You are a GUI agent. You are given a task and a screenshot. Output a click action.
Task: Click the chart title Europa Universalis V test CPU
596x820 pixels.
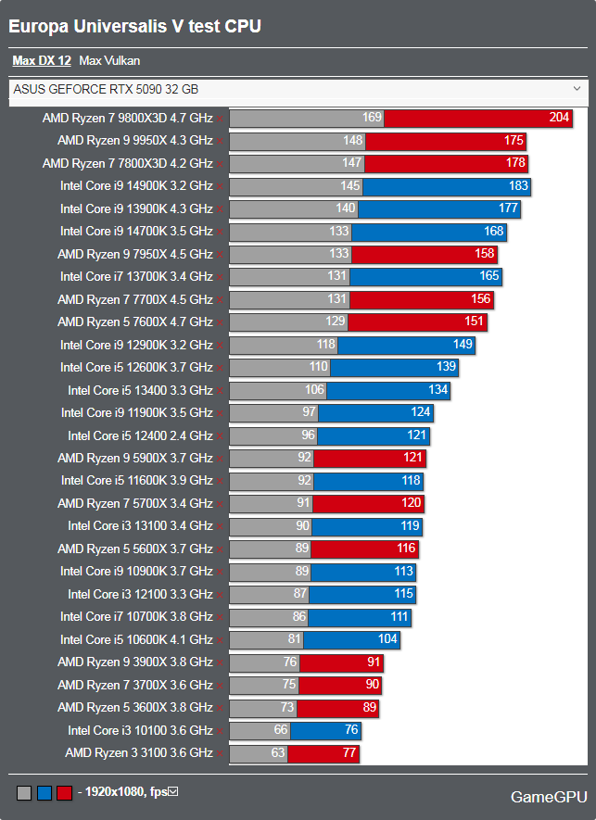tap(134, 27)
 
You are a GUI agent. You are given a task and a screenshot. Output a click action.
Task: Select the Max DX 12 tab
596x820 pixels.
tap(42, 61)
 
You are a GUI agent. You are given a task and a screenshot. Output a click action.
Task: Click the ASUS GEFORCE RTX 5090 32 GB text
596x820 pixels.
tap(106, 90)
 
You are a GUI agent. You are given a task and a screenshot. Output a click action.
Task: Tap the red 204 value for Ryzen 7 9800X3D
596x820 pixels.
tap(560, 119)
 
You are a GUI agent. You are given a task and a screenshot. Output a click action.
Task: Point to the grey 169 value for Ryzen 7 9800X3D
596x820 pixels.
tap(372, 119)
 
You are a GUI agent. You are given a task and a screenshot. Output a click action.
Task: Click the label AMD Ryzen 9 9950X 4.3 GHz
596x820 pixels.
tap(134, 141)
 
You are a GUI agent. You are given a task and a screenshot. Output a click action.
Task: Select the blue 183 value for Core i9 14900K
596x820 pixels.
tap(518, 186)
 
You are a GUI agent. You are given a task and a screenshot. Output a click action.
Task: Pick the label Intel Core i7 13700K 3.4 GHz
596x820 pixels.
tap(136, 276)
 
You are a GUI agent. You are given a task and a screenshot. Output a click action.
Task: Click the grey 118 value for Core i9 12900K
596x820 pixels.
tap(325, 344)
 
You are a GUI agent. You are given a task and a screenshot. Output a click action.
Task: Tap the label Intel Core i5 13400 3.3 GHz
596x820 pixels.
tap(140, 390)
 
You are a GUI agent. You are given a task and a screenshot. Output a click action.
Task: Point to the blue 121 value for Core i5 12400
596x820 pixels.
tap(416, 435)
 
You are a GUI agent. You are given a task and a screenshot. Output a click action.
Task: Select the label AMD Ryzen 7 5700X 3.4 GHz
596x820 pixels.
tap(134, 503)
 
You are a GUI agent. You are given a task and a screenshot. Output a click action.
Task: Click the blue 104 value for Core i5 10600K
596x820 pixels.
tap(387, 639)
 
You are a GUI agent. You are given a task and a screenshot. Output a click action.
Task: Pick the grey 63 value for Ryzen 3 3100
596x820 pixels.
tap(277, 752)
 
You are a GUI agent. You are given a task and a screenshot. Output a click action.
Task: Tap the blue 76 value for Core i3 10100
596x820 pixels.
tap(349, 730)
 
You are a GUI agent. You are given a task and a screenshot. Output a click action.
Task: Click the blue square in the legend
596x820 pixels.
tap(44, 793)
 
